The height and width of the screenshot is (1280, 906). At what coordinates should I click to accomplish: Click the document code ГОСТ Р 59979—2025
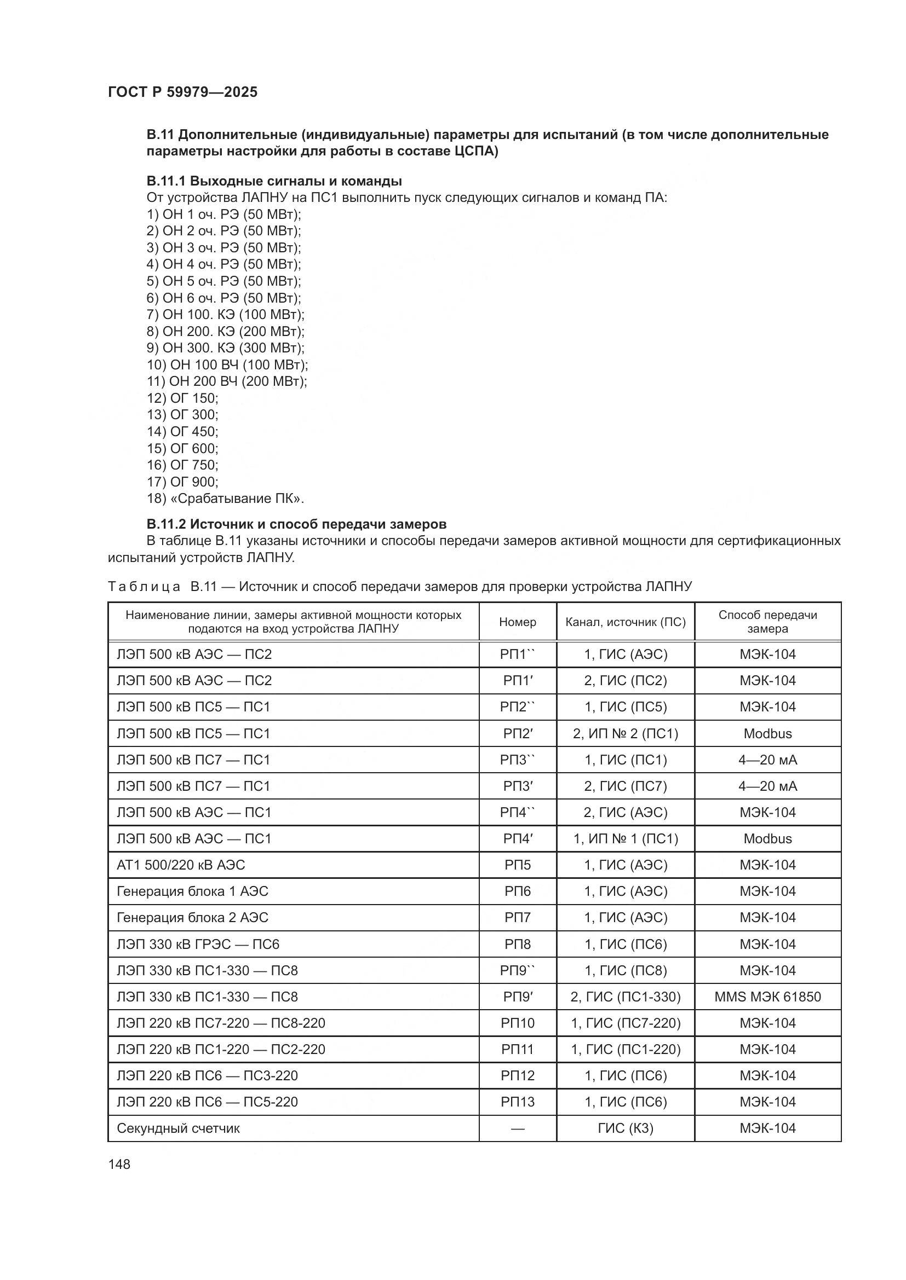point(182,92)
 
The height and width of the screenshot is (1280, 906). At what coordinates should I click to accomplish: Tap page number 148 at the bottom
point(119,1164)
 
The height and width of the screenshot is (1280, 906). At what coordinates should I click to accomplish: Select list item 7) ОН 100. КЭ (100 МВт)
point(225,315)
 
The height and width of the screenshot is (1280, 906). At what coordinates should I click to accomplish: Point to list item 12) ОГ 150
point(182,398)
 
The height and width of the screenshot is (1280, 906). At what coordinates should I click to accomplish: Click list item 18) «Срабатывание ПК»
point(225,499)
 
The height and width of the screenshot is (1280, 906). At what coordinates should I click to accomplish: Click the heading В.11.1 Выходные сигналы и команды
point(274,181)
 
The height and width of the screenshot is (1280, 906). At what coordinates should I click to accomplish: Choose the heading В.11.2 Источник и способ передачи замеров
point(296,524)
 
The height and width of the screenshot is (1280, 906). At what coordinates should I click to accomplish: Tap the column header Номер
point(517,622)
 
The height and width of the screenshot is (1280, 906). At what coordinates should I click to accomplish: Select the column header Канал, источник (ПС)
point(626,622)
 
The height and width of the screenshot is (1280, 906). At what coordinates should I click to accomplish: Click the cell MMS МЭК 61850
point(767,997)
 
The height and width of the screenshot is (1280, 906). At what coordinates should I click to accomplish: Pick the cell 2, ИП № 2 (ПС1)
point(626,734)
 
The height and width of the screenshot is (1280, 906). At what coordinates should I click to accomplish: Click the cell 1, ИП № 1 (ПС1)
point(626,838)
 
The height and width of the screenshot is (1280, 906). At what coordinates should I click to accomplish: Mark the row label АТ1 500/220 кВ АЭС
point(181,865)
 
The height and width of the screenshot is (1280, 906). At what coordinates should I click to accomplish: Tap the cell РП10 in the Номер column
point(517,1023)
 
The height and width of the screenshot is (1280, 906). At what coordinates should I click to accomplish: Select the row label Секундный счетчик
point(178,1128)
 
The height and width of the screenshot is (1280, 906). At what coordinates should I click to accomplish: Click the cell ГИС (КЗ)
point(626,1128)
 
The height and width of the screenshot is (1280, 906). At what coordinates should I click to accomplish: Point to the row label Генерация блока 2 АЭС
point(192,918)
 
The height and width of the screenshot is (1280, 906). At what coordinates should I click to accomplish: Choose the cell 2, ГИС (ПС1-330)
point(626,997)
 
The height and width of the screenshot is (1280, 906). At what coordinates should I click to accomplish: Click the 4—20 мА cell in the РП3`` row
point(767,760)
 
